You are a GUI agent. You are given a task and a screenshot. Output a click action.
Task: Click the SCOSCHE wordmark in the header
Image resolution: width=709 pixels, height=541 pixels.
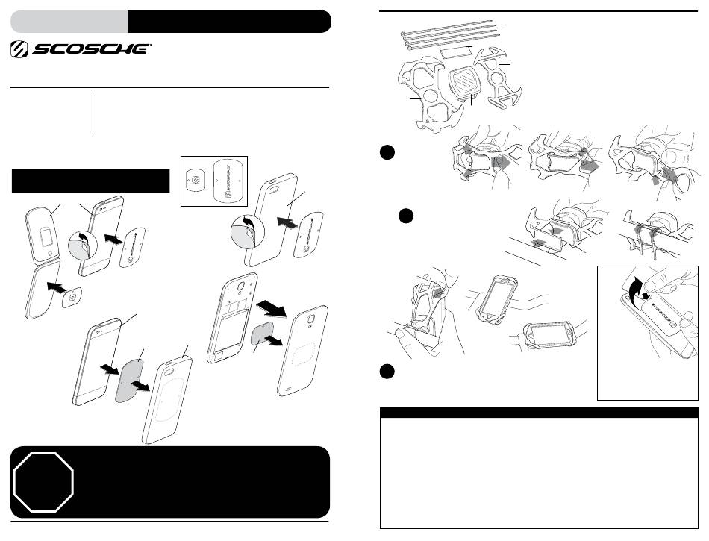(91, 49)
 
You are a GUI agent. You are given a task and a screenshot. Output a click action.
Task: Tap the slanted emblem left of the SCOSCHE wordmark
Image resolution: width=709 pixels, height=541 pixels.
(19, 49)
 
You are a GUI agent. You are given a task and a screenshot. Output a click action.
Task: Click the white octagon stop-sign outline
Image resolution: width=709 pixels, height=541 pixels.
(43, 482)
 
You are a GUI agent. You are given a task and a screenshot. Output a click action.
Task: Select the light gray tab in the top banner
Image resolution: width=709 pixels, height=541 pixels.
(69, 21)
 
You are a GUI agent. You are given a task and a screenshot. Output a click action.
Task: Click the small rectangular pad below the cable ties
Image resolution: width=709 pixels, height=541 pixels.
(456, 53)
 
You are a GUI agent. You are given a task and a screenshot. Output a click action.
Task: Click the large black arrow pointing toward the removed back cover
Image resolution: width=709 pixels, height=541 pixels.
(272, 310)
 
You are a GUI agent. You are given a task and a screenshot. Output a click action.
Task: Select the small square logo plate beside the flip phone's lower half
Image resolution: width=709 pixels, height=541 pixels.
(72, 298)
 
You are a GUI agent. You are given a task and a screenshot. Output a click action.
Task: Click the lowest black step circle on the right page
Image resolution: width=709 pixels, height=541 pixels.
(387, 371)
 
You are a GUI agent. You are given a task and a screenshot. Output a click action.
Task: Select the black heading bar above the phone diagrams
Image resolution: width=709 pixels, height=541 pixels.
(90, 181)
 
